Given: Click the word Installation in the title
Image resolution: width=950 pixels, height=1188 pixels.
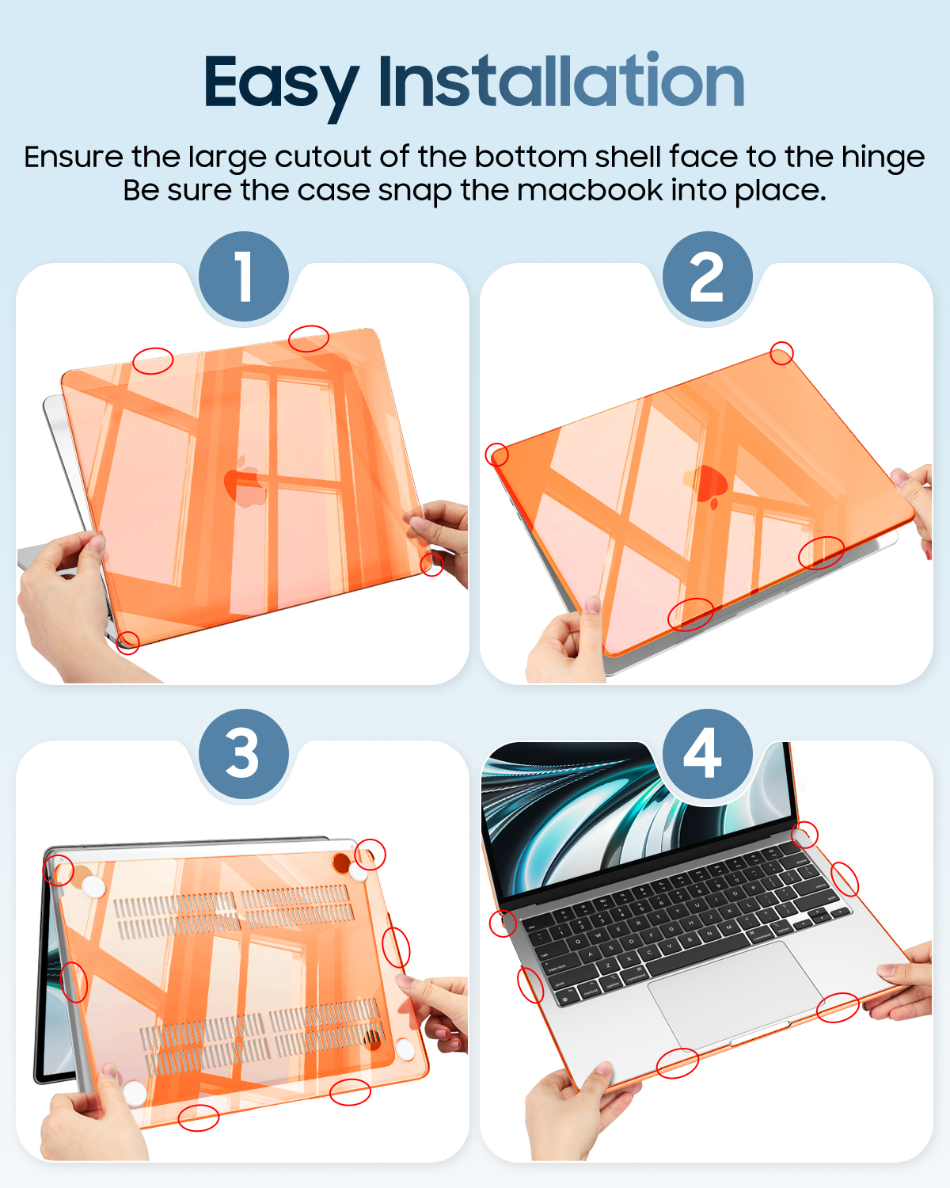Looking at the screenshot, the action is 562,80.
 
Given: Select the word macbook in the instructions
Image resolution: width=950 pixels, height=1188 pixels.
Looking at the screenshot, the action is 590,190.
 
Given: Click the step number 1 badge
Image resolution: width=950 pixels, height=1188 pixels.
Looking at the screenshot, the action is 243,276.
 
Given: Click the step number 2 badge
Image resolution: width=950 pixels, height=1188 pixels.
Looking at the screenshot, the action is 707,276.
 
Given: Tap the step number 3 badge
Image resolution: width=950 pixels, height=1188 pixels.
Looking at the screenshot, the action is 243,753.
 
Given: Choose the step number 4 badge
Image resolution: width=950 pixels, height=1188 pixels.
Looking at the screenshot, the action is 707,753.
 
